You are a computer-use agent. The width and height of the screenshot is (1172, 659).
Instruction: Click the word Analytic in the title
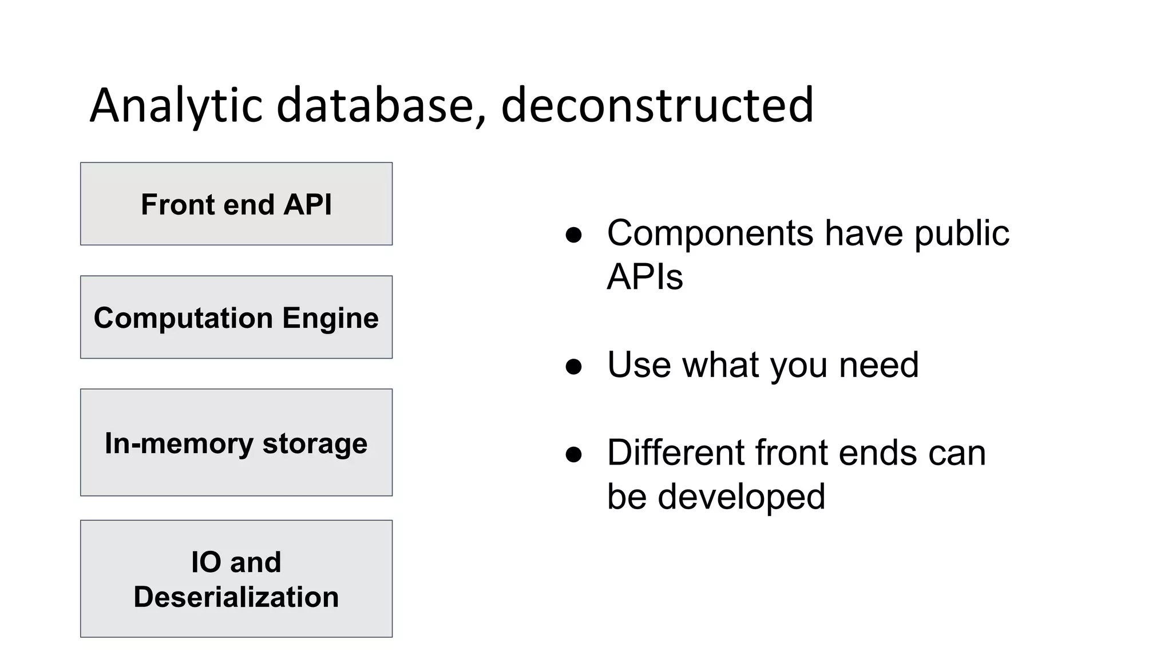(x=176, y=106)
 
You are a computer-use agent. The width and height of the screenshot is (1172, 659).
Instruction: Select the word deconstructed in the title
(x=657, y=106)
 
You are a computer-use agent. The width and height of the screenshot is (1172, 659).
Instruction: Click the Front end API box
(x=236, y=204)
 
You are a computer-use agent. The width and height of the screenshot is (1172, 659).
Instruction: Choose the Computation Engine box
(x=236, y=317)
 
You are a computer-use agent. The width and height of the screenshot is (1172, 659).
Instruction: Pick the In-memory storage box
(x=236, y=442)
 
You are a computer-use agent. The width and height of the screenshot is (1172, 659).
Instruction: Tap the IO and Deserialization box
(x=236, y=578)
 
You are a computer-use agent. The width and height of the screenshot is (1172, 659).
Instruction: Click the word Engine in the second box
(x=330, y=318)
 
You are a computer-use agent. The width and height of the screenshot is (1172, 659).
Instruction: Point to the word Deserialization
(x=236, y=597)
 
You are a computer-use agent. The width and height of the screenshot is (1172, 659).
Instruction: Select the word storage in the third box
(x=315, y=443)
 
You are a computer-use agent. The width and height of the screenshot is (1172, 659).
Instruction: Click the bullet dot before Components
(x=573, y=235)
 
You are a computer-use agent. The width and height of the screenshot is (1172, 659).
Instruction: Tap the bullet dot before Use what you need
(x=573, y=366)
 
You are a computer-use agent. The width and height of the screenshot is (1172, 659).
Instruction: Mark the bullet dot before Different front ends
(x=573, y=454)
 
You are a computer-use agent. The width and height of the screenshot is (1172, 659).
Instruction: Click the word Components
(x=710, y=233)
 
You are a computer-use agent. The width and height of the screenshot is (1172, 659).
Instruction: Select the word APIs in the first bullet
(x=644, y=277)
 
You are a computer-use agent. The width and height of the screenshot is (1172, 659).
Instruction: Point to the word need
(x=878, y=365)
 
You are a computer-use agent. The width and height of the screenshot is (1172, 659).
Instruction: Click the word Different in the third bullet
(x=675, y=452)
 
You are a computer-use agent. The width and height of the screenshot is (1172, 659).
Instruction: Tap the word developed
(x=741, y=497)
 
